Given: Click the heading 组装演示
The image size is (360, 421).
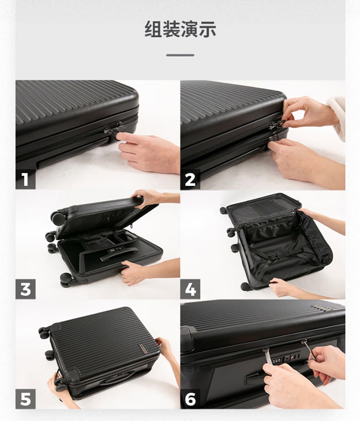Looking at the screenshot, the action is coord(180,29).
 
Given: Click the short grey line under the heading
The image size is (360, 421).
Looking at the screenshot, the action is coord(180,55).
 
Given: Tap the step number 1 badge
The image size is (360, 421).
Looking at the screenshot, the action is coord(25,180).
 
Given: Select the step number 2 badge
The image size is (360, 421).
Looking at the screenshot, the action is coord(190,180).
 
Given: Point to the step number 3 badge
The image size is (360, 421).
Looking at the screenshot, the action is coord(25,289).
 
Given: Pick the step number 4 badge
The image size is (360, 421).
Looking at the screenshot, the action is coord(190,289).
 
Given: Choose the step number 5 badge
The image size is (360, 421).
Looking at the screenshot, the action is coord(25,399).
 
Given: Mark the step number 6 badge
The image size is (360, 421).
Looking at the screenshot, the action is coord(190,399).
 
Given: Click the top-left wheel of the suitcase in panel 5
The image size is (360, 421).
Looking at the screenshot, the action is coord(44,332).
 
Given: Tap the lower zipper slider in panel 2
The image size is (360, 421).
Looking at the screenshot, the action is coord(274,140).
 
